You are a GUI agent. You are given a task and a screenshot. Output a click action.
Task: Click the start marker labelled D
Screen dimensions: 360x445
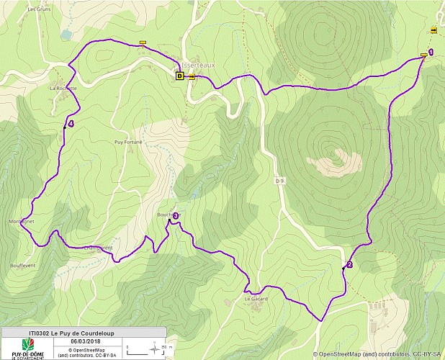coord(180,75)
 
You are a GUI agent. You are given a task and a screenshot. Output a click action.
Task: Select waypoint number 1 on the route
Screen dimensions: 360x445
coord(431,52)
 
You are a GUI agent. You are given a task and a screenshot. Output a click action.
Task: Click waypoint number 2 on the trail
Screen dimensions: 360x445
coord(349,264)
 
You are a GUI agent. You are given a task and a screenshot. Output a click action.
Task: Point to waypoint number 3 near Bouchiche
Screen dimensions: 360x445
coord(175,215)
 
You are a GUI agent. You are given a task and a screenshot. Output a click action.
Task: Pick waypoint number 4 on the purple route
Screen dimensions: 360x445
coord(71,123)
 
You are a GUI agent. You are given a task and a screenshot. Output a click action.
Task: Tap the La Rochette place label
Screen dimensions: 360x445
coord(63,88)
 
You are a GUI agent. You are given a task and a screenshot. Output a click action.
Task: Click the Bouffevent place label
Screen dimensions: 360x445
coord(24,265)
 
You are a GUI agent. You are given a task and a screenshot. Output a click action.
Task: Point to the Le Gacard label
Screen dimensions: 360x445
coord(256,298)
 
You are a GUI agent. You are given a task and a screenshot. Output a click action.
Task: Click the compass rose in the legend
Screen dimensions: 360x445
coord(155,351)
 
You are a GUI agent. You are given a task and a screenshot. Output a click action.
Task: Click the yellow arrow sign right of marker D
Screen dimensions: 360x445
coord(192,76)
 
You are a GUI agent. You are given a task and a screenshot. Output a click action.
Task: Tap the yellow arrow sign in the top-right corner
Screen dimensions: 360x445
coord(433,30)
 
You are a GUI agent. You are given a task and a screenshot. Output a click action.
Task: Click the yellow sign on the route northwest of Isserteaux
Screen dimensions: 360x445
coord(143,42)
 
